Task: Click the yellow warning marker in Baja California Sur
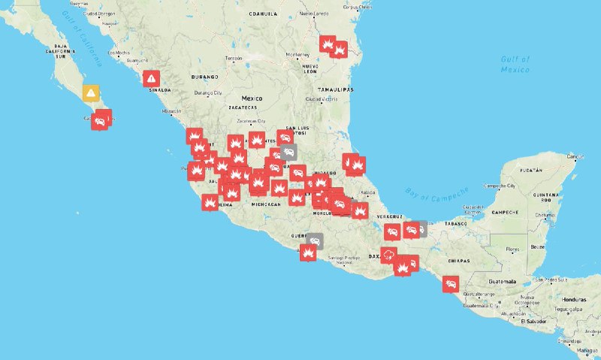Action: click(91, 93)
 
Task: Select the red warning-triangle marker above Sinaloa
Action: click(152, 77)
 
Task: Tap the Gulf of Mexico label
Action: click(515, 64)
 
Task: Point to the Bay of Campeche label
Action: click(436, 194)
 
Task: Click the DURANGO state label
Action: click(204, 77)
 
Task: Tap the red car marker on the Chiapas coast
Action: click(451, 284)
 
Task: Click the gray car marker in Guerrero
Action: click(314, 241)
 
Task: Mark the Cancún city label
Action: click(575, 156)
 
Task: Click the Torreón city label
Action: click(234, 58)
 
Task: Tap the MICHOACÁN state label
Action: click(266, 204)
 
